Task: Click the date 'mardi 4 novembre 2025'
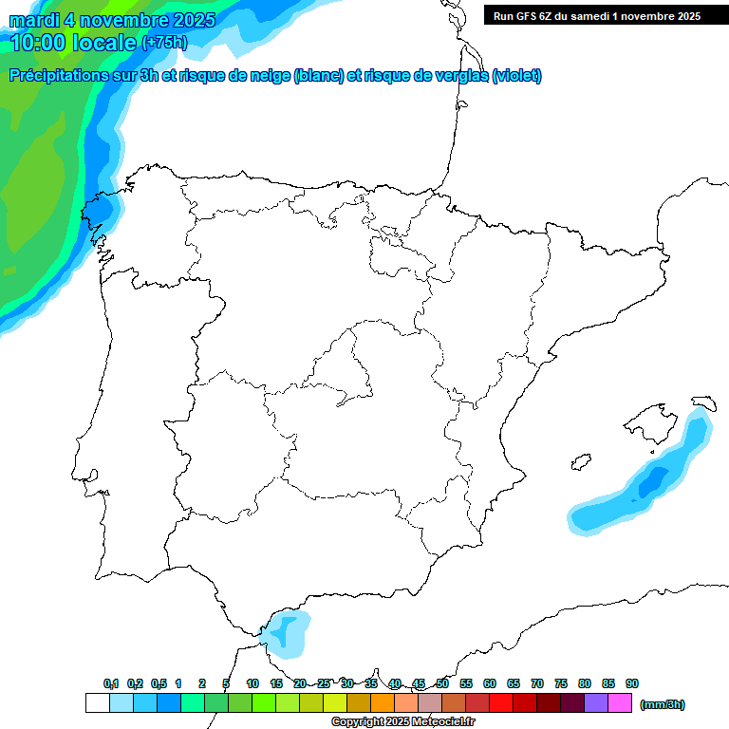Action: [x=112, y=20]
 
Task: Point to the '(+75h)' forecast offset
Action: [x=164, y=43]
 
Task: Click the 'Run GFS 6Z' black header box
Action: [x=596, y=15]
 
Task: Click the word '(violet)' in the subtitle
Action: [x=516, y=76]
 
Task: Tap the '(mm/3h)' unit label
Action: [x=662, y=704]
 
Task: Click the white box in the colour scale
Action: [x=97, y=702]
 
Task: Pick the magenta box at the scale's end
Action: [x=620, y=702]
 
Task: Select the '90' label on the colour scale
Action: [x=632, y=683]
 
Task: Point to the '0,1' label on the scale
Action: [x=111, y=683]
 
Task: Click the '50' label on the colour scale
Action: [x=442, y=683]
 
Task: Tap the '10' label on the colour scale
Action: [x=252, y=683]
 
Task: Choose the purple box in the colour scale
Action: [x=596, y=702]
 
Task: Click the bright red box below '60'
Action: [x=501, y=702]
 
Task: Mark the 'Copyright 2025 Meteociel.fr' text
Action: [x=403, y=722]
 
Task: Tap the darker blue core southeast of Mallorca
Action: [x=652, y=483]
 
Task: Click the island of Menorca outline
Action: [x=703, y=402]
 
